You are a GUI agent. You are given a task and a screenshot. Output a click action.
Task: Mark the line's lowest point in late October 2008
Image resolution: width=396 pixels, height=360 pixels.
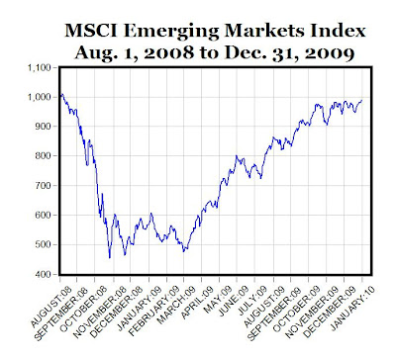click(109, 258)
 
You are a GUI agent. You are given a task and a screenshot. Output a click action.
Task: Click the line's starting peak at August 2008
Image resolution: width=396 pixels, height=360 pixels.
click(62, 95)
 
